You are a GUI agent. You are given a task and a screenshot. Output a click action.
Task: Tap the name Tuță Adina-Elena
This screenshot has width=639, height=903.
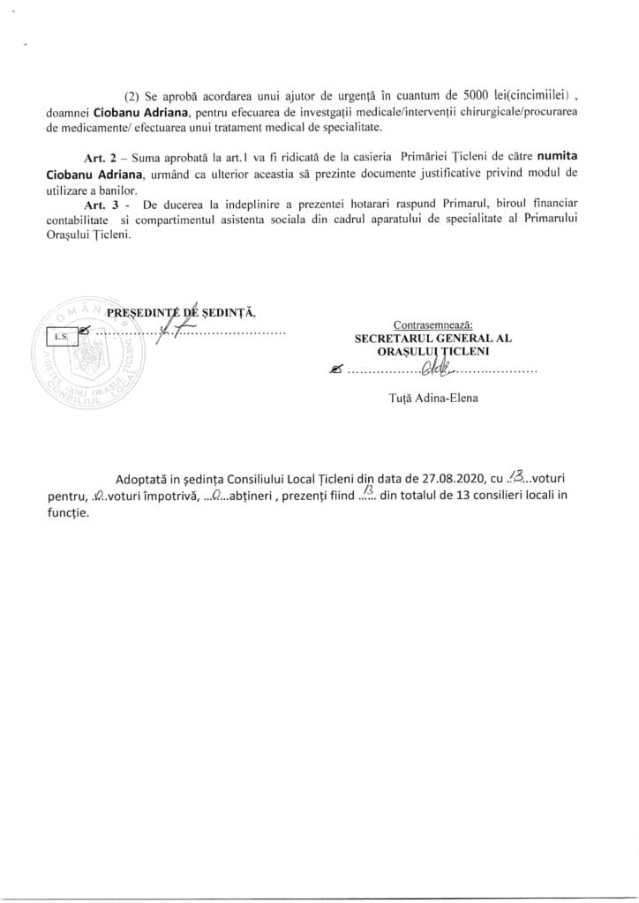(433, 398)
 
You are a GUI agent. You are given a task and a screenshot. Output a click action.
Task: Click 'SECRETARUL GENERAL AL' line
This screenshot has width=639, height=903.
(433, 338)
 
